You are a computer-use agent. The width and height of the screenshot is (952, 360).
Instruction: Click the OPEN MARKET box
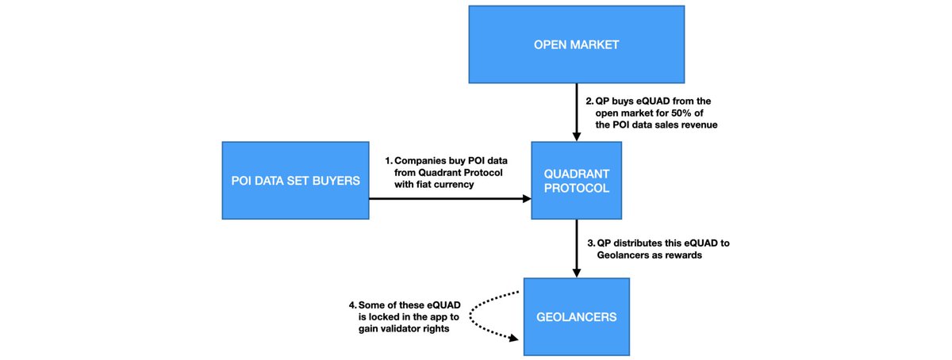[x=576, y=44]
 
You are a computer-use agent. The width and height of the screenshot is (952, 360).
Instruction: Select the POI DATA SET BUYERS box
[x=294, y=181]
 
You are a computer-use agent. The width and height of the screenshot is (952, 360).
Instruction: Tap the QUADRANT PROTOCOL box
[x=576, y=181]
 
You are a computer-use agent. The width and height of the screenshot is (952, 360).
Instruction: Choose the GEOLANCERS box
[x=576, y=316]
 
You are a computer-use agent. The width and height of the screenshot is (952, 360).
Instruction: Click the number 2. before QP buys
[x=589, y=101]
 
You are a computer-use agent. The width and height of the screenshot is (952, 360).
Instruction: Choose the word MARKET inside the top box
[x=597, y=44]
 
